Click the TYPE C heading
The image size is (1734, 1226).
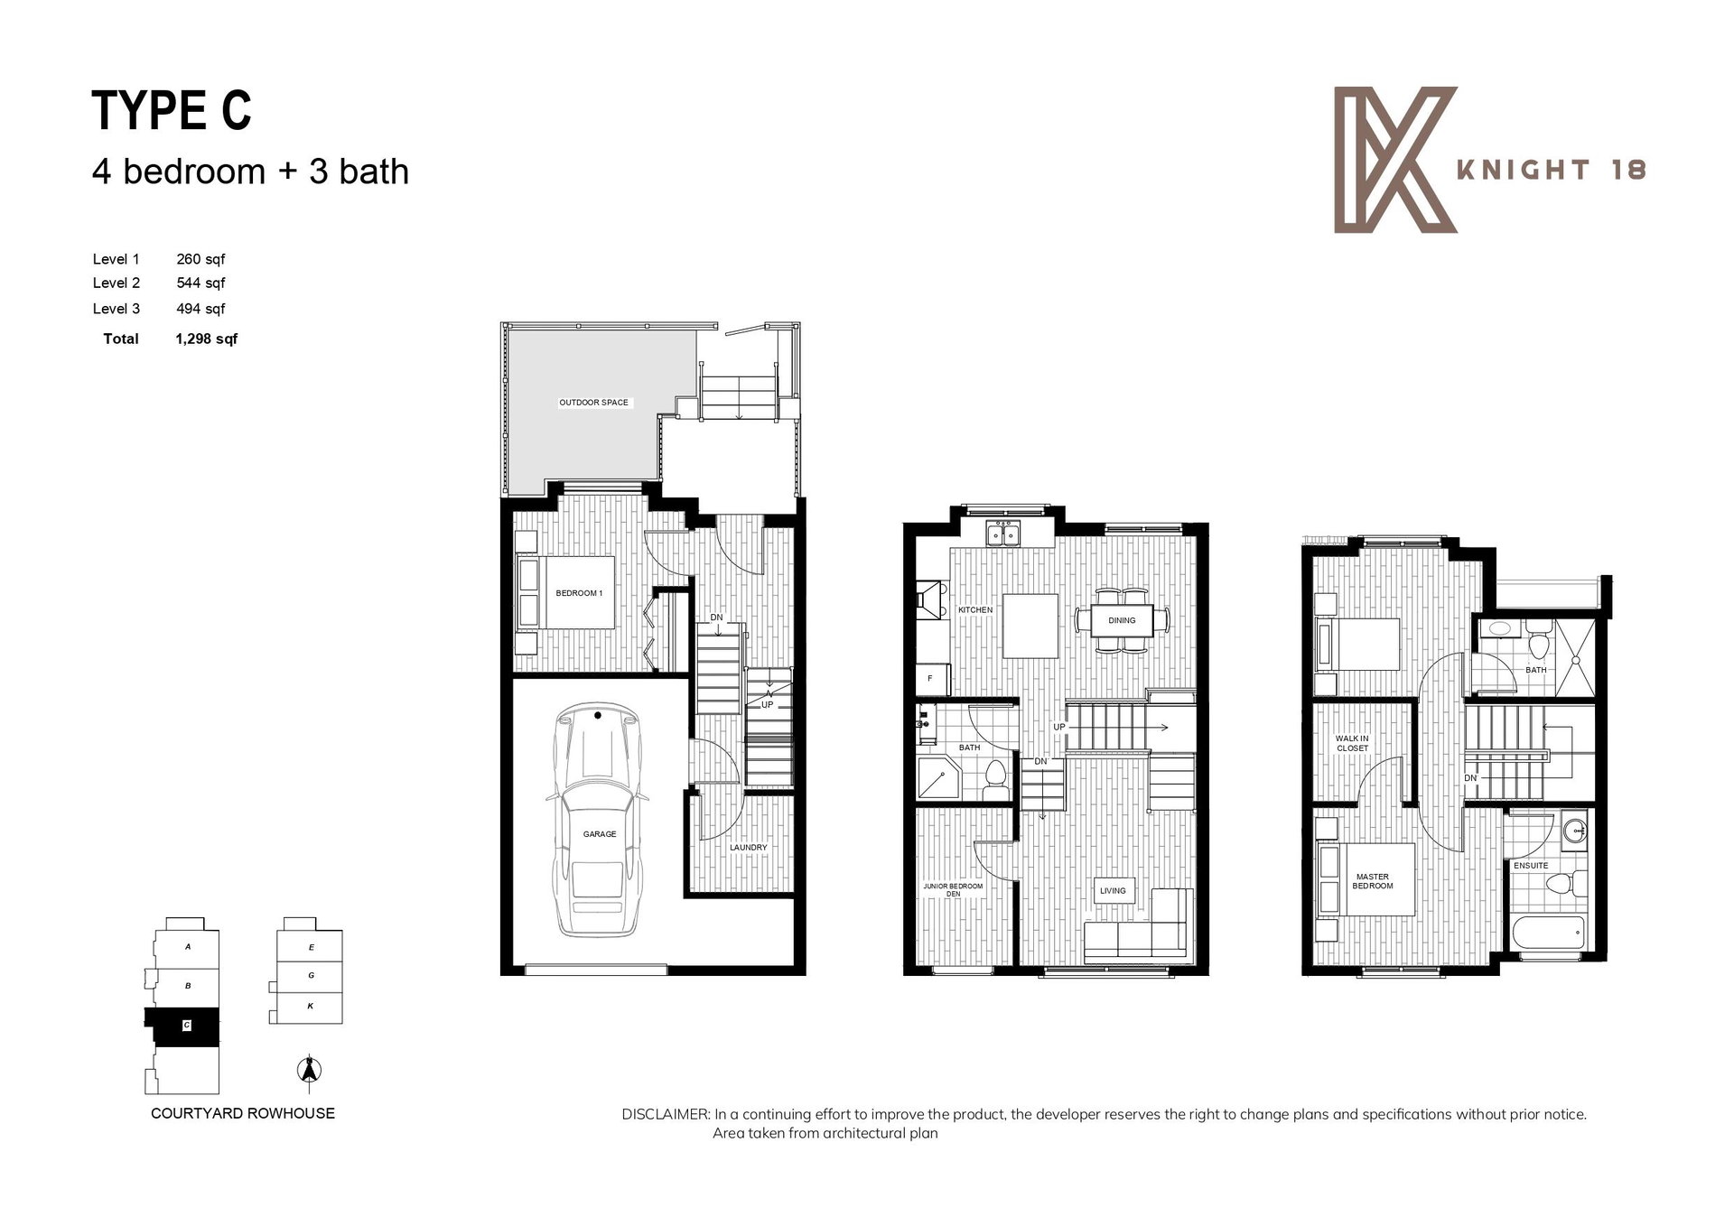point(172,111)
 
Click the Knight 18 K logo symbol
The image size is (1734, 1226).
point(1395,160)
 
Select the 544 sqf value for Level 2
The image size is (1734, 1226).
point(200,283)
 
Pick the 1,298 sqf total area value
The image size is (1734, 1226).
point(207,339)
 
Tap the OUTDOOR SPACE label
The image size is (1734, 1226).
point(593,403)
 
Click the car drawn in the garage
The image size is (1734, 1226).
point(599,820)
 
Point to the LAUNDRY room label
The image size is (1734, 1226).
point(748,848)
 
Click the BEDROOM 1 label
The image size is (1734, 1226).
point(579,593)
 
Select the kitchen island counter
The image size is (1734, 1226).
point(1030,626)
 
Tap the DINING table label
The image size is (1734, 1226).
point(1122,620)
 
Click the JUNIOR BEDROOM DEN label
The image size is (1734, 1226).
point(953,889)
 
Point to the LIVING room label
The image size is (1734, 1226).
point(1113,891)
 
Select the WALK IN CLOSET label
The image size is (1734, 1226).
point(1352,743)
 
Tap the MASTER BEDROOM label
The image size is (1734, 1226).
point(1373,881)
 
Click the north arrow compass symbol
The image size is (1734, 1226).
point(310,1070)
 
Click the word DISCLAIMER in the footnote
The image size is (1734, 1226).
point(666,1114)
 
